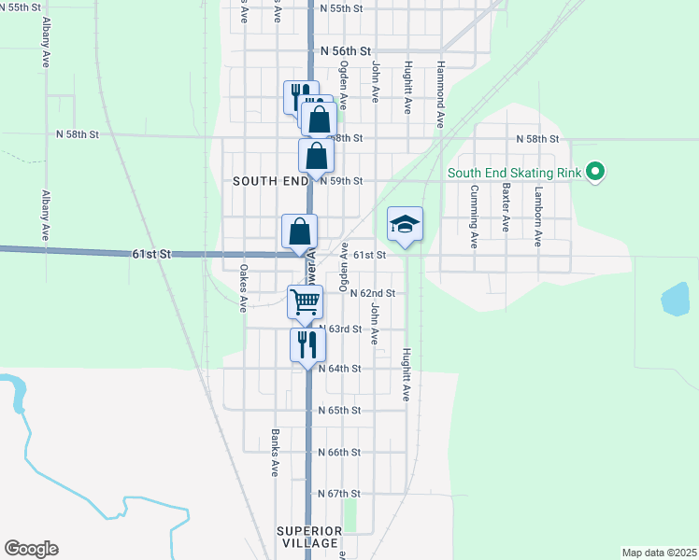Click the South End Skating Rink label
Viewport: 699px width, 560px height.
click(515, 173)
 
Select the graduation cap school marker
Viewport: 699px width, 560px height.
click(406, 225)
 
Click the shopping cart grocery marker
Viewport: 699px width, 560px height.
click(305, 302)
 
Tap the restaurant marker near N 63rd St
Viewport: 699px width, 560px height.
click(307, 344)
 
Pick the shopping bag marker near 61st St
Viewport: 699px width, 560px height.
click(300, 231)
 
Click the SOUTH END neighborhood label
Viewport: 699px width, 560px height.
click(270, 181)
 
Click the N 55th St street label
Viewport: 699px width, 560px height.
click(340, 7)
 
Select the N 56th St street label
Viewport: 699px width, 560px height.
click(346, 52)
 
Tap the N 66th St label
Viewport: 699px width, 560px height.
click(339, 452)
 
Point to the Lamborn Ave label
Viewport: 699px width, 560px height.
click(538, 216)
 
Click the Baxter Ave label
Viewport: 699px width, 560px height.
click(506, 207)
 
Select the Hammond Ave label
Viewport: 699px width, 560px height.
click(440, 94)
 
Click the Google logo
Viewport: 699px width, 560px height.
click(31, 549)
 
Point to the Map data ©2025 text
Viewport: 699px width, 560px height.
click(659, 552)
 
